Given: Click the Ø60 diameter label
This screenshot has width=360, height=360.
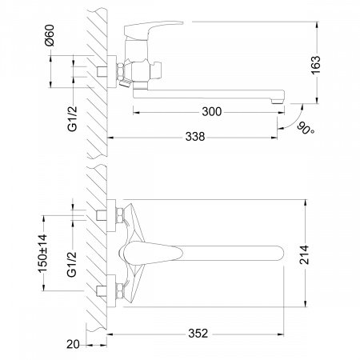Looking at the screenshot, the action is [50, 35].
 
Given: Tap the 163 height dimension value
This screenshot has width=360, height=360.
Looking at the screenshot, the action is [315, 65].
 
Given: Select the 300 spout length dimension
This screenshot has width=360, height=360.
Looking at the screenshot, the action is [212, 112].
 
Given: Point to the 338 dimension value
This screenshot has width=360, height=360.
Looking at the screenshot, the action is [195, 137].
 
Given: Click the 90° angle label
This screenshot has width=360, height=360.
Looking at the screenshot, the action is [306, 129].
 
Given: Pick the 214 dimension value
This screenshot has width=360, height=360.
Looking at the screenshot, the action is [304, 255].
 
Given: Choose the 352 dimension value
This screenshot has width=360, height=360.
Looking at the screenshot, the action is [198, 334].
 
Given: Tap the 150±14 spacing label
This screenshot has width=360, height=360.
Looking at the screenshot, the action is [42, 254].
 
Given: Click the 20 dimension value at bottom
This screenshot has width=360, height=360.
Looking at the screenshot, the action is [73, 344].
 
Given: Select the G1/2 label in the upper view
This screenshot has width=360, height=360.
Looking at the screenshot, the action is [72, 118].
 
